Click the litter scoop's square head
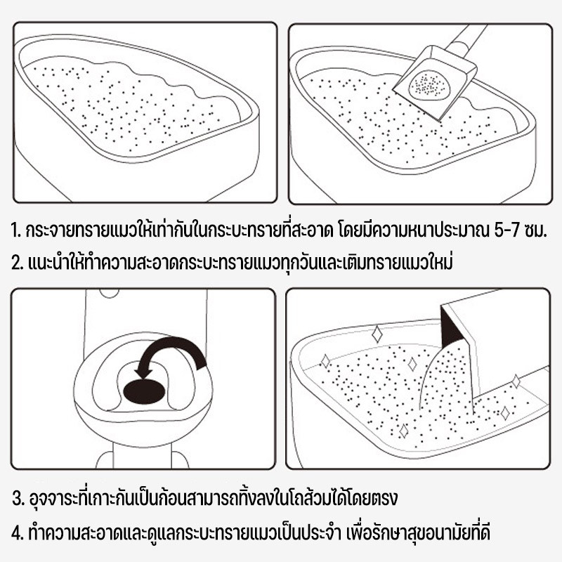click(434, 83)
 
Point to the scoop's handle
click(466, 39)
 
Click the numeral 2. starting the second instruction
click(17, 262)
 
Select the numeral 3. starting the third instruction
click(19, 498)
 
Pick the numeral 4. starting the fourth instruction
click(18, 532)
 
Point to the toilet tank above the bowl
click(146, 315)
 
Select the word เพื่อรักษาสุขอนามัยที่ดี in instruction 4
click(418, 532)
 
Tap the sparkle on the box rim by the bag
click(516, 381)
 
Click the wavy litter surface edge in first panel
click(133, 72)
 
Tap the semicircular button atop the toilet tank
click(110, 294)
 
